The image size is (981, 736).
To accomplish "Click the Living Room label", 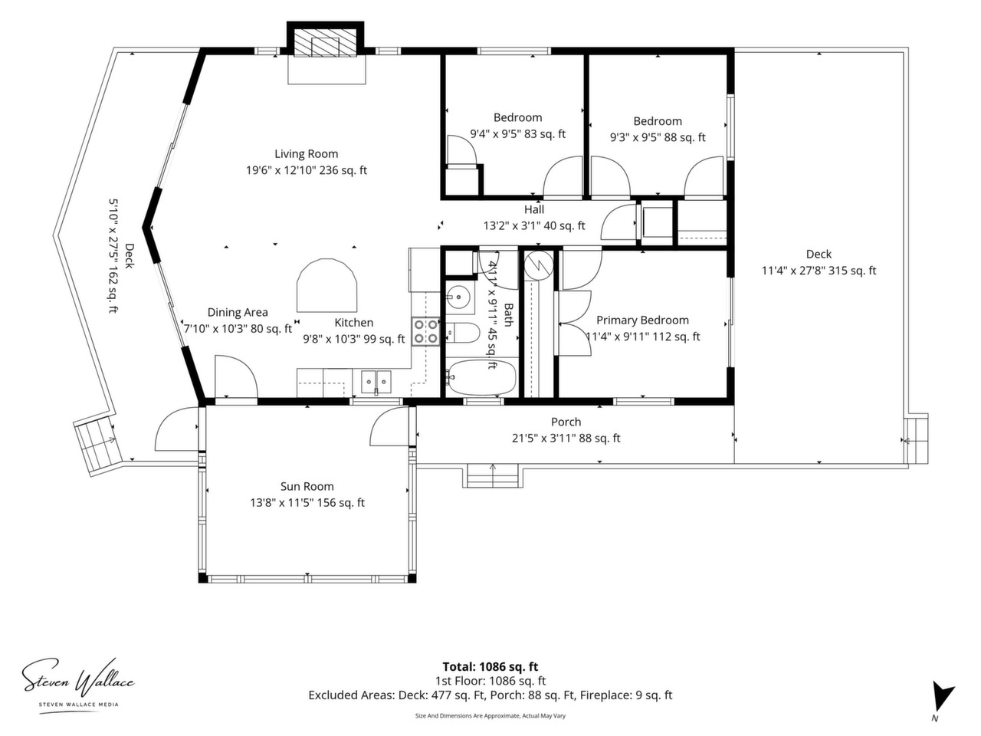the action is (306, 154).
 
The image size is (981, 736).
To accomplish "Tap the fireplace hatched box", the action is (326, 43).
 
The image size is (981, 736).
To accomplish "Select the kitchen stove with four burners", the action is (425, 331).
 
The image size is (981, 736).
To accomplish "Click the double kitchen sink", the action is (376, 382).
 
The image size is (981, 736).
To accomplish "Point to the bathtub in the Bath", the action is (481, 378).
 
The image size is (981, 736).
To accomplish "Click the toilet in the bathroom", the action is (463, 333).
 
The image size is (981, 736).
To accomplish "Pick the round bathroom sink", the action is (458, 296).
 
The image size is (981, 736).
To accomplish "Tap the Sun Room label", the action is (307, 486).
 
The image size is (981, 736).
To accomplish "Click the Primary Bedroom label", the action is (643, 320).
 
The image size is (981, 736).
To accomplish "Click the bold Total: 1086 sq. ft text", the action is (490, 667).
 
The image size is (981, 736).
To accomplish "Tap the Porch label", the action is (566, 422).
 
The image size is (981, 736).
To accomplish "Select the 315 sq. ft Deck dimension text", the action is (819, 271).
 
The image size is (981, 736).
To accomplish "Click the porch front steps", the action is (493, 475).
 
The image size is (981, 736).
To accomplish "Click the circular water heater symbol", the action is (539, 266).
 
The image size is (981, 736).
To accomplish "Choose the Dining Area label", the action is (238, 313).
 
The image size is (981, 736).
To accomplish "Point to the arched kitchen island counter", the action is (326, 285).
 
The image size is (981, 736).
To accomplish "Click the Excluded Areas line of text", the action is (490, 695).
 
